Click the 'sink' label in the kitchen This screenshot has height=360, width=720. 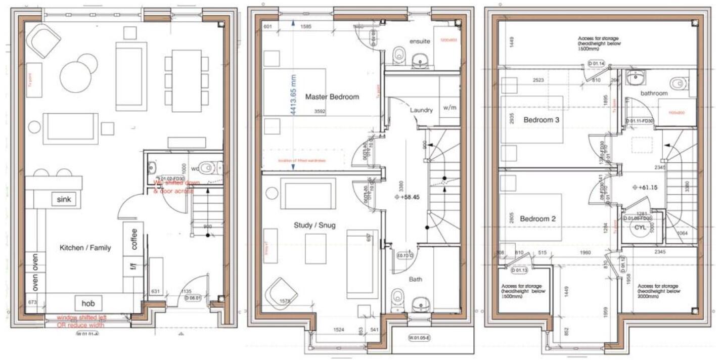click(x=65, y=200)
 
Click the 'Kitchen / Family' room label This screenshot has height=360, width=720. click(x=85, y=248)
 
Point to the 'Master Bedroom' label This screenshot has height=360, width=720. click(x=332, y=97)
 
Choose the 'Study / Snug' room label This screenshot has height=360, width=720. click(x=314, y=225)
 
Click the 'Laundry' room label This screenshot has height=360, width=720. click(x=421, y=110)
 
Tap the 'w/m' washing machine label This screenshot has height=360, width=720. click(x=449, y=108)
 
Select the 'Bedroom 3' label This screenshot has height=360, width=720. click(x=542, y=120)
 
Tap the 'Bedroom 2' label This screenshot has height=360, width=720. click(x=538, y=219)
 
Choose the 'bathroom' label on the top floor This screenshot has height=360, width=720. click(x=654, y=94)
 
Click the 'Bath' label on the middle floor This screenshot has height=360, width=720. click(x=415, y=279)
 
